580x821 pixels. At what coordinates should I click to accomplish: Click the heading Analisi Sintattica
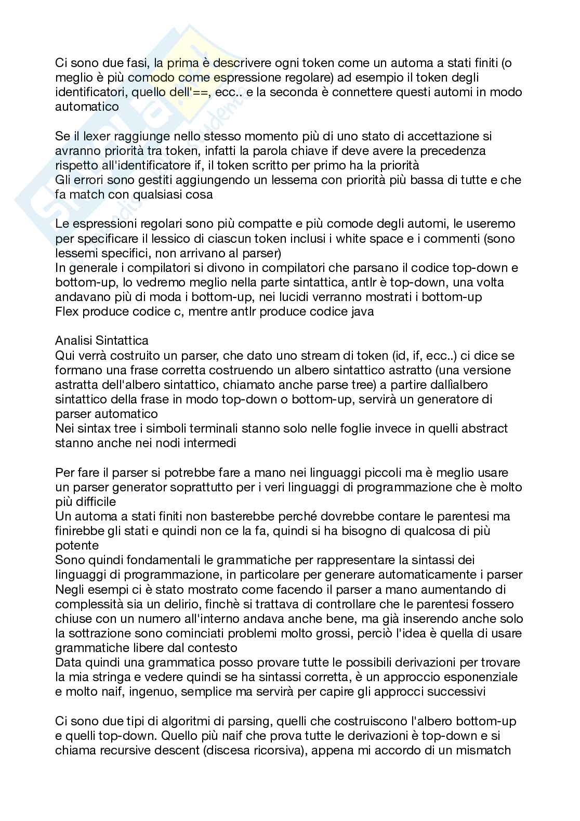(101, 341)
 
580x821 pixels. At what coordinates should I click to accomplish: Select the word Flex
(65, 312)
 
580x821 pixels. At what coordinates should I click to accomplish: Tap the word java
(362, 312)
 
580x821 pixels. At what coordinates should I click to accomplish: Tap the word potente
(77, 545)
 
